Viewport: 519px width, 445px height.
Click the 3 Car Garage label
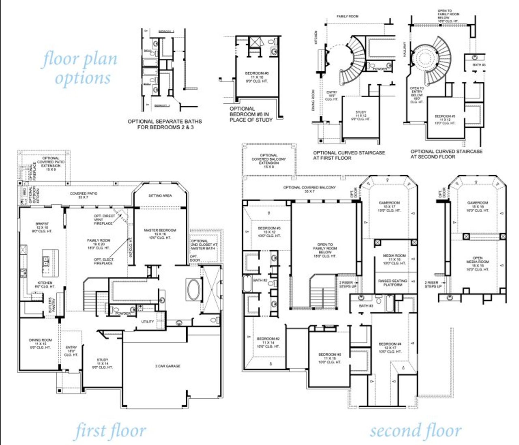tap(167, 366)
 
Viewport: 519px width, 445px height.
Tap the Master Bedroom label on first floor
tap(160, 234)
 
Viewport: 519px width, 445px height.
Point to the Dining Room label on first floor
tap(40, 344)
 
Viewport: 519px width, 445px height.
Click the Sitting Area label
tap(160, 196)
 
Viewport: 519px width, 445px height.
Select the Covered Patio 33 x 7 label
tap(83, 195)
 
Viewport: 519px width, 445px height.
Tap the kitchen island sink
tap(46, 261)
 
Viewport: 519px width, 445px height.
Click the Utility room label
tap(148, 322)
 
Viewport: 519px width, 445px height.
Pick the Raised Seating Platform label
tap(392, 283)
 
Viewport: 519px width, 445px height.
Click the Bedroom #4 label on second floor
tap(390, 348)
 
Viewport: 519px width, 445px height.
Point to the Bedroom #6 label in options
tap(257, 77)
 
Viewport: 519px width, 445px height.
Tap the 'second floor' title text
tap(415, 430)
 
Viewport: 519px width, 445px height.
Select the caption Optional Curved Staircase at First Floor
tap(349, 155)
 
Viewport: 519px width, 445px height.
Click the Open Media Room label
tap(478, 263)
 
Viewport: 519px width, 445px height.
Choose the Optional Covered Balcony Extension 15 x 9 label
tap(268, 161)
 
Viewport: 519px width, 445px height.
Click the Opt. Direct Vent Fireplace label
tap(104, 220)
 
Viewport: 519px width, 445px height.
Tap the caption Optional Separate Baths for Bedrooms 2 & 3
tap(164, 124)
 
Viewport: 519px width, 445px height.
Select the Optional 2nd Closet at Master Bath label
tap(204, 244)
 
